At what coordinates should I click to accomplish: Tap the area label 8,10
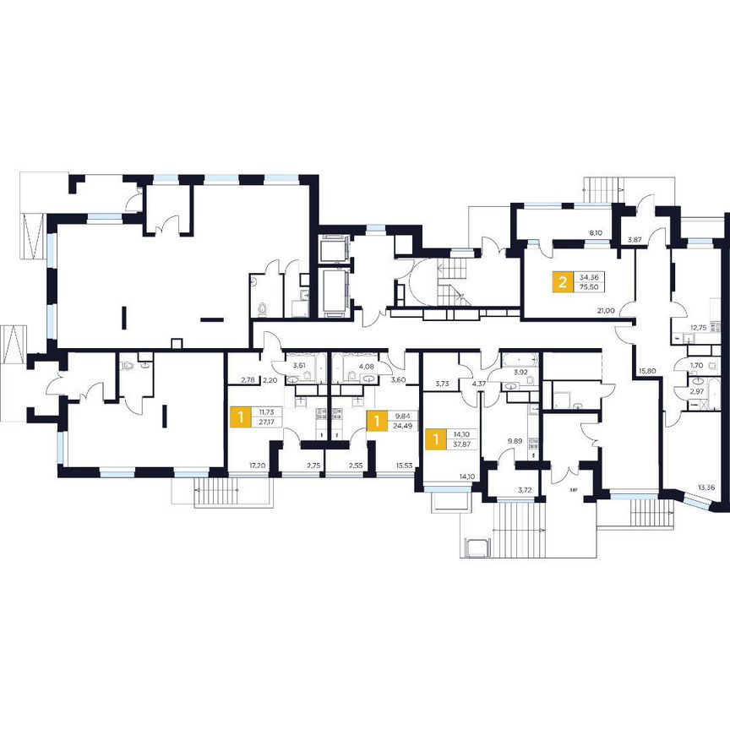tap(596, 232)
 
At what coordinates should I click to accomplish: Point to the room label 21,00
tap(605, 310)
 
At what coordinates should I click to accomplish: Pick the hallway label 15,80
tap(648, 370)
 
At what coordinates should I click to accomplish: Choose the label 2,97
tap(696, 391)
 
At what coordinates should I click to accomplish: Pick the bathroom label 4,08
tap(367, 366)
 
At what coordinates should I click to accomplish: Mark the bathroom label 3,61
tap(298, 366)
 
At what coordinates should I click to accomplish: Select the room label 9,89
tap(514, 440)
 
